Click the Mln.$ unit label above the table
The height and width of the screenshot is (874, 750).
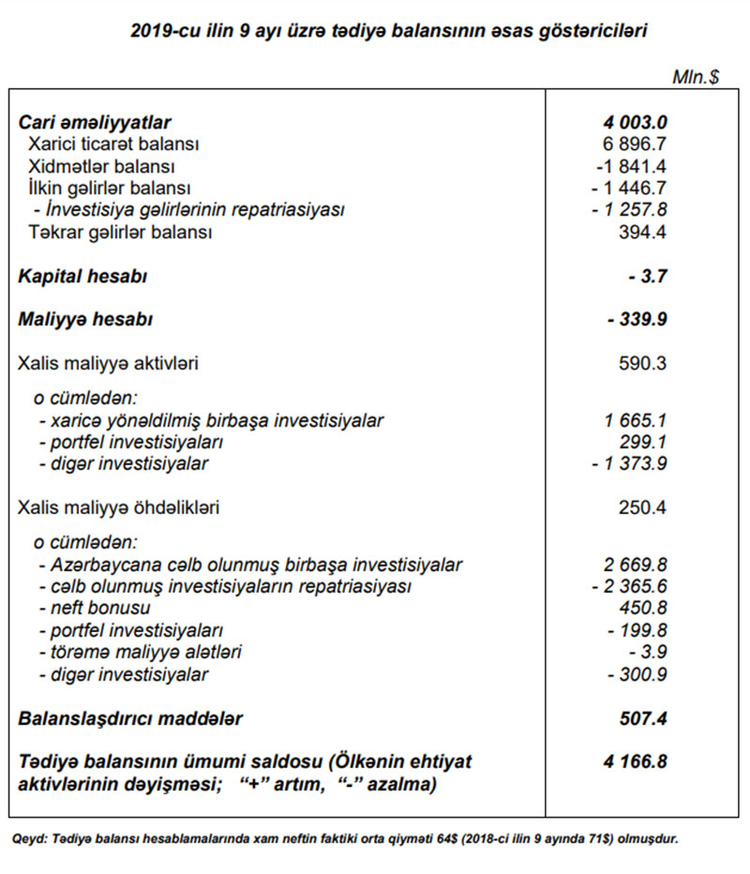(x=695, y=77)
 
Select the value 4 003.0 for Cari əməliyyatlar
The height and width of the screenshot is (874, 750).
(x=636, y=122)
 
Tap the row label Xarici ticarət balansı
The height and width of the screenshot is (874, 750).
(x=113, y=144)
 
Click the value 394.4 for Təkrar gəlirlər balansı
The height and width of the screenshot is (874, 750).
(x=643, y=232)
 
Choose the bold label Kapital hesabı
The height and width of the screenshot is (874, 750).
(x=82, y=276)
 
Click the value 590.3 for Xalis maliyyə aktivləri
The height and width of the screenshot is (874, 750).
(x=643, y=363)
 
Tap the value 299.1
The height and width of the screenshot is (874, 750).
(x=643, y=442)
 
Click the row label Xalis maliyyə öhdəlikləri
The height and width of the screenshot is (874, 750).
(x=119, y=508)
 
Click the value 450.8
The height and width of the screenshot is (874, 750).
(x=643, y=609)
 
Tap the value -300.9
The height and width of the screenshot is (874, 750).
(x=637, y=674)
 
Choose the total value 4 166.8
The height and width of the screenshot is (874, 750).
(x=636, y=761)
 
